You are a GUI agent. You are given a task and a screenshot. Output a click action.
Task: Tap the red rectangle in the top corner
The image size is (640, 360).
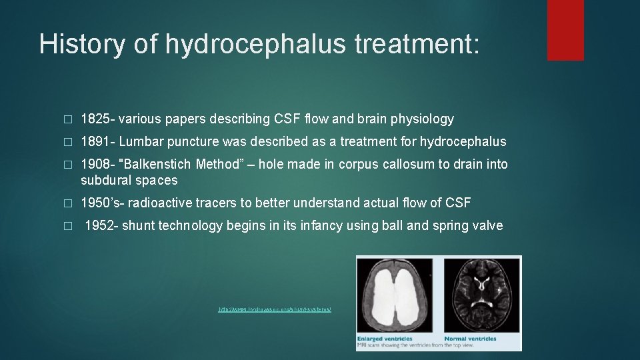(x=565, y=30)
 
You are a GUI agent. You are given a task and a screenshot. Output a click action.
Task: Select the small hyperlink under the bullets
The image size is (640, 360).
(x=275, y=310)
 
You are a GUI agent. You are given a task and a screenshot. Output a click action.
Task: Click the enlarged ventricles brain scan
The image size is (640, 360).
(x=396, y=293)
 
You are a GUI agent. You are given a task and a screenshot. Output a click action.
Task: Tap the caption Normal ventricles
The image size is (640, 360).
(x=470, y=339)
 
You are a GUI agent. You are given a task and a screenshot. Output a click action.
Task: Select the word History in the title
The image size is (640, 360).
(x=79, y=43)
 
